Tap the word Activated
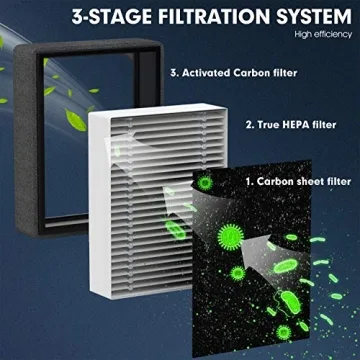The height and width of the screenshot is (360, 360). point(207,72)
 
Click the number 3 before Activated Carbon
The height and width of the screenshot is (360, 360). point(173,72)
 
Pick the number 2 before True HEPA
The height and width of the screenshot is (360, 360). point(248,126)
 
